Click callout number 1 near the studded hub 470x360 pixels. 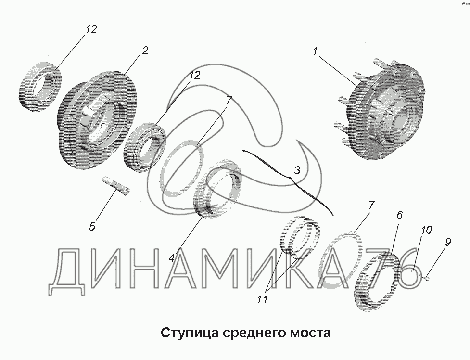tap(315, 51)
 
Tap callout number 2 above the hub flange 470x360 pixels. tap(145, 51)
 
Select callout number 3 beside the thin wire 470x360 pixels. tap(297, 170)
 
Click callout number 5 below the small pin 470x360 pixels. tap(92, 226)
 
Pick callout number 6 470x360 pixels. tap(399, 215)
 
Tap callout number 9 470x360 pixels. tap(447, 242)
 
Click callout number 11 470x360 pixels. tap(262, 299)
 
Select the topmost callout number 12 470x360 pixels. tap(91, 29)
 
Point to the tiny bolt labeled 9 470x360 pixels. tap(427, 279)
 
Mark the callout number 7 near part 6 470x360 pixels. tap(371, 206)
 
